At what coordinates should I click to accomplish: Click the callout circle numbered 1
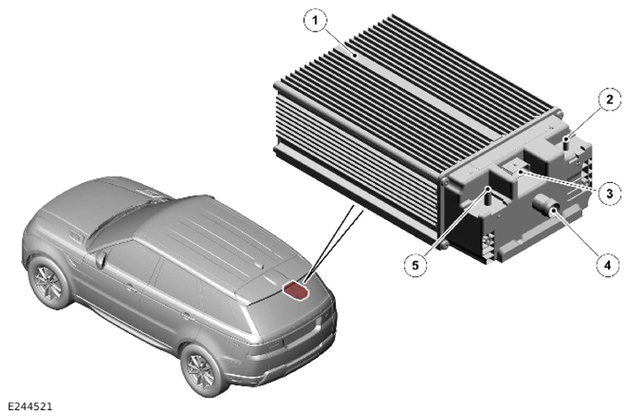coord(315,20)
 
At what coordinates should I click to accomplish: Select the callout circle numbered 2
coord(610,99)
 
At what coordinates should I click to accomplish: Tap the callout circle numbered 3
coord(609,194)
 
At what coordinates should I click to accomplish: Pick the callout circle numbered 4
coord(608,265)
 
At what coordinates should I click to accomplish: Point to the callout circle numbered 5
coord(415,265)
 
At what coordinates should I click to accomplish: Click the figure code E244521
coord(30,407)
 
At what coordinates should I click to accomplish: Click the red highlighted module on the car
coord(296,290)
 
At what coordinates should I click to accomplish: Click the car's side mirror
coord(101,259)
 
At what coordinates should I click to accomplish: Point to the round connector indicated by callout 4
coord(547,204)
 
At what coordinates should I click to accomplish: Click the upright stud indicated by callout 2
coord(566,143)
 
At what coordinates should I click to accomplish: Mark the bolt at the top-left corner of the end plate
coord(445,182)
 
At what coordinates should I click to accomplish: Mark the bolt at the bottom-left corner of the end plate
coord(444,244)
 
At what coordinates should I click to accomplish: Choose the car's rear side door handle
coord(186,316)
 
